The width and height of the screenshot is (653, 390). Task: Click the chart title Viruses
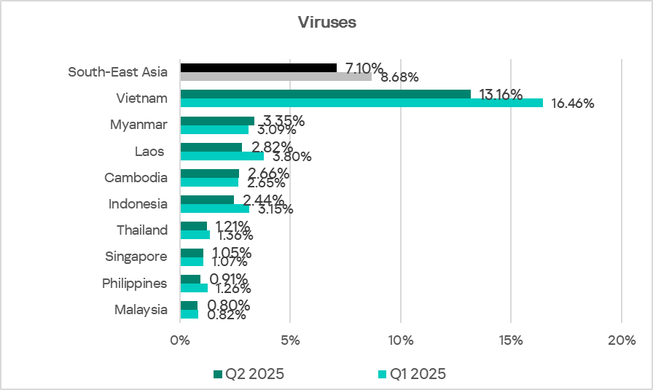pos(326,22)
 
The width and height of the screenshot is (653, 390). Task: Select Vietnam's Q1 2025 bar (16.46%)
pos(361,103)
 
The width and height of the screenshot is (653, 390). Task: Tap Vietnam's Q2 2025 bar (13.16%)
pos(325,94)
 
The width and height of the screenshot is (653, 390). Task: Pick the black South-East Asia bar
pos(258,68)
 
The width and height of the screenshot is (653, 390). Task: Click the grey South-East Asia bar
pos(275,76)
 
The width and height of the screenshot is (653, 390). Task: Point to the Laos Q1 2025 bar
pos(222,155)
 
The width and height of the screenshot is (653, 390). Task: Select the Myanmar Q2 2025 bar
pos(217,121)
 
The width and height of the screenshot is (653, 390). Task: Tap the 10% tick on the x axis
pos(401,340)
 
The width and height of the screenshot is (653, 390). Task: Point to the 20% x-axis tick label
pos(621,340)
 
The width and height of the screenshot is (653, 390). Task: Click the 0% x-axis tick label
pos(180,340)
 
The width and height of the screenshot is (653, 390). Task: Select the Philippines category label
pos(134,283)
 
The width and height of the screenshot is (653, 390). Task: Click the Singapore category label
pos(136,257)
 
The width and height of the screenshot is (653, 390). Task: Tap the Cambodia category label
pos(136,177)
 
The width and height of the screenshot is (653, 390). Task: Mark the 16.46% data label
pos(572,104)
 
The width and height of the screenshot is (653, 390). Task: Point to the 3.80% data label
pos(292,156)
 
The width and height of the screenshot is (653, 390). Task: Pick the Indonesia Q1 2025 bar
pos(214,208)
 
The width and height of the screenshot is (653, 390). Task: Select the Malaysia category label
pos(141,310)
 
